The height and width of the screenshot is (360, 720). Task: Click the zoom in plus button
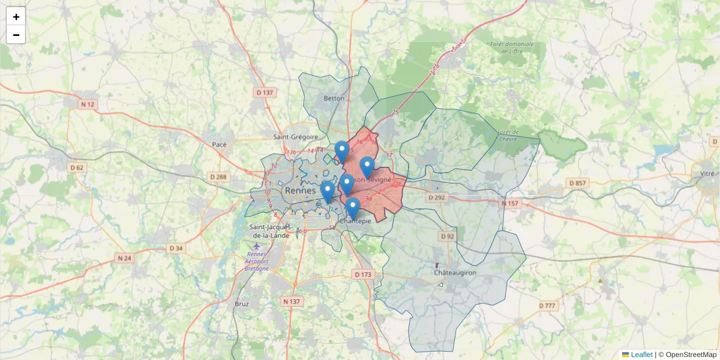16,17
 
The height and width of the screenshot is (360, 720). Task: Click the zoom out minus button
16,35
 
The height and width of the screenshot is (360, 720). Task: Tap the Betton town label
334,98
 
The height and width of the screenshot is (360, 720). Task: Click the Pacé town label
219,145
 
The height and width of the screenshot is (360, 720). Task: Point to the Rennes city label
301,191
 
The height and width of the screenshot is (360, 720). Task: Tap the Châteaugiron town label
455,272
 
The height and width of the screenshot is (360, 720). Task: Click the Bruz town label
242,304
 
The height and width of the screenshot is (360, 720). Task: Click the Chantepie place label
356,221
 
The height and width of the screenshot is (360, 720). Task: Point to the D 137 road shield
265,92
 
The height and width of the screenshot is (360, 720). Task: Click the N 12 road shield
88,104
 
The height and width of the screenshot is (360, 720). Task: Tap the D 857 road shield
577,182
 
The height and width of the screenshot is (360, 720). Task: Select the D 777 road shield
547,306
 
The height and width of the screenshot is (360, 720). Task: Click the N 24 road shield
124,258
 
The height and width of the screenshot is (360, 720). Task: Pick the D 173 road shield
363,274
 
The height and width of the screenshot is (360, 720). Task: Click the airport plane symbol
257,246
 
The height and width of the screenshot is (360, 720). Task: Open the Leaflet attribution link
641,355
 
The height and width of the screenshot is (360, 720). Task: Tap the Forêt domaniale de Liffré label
511,47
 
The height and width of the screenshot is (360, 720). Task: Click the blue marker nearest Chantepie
353,208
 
